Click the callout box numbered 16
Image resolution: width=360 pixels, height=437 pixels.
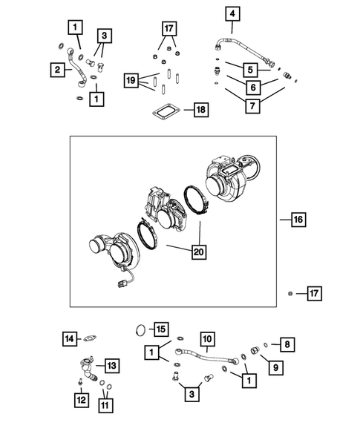(x=298, y=220)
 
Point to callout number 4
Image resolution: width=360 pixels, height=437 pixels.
(x=232, y=14)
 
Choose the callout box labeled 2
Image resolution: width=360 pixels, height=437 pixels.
(x=56, y=70)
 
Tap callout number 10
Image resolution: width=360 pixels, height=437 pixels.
(x=208, y=338)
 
